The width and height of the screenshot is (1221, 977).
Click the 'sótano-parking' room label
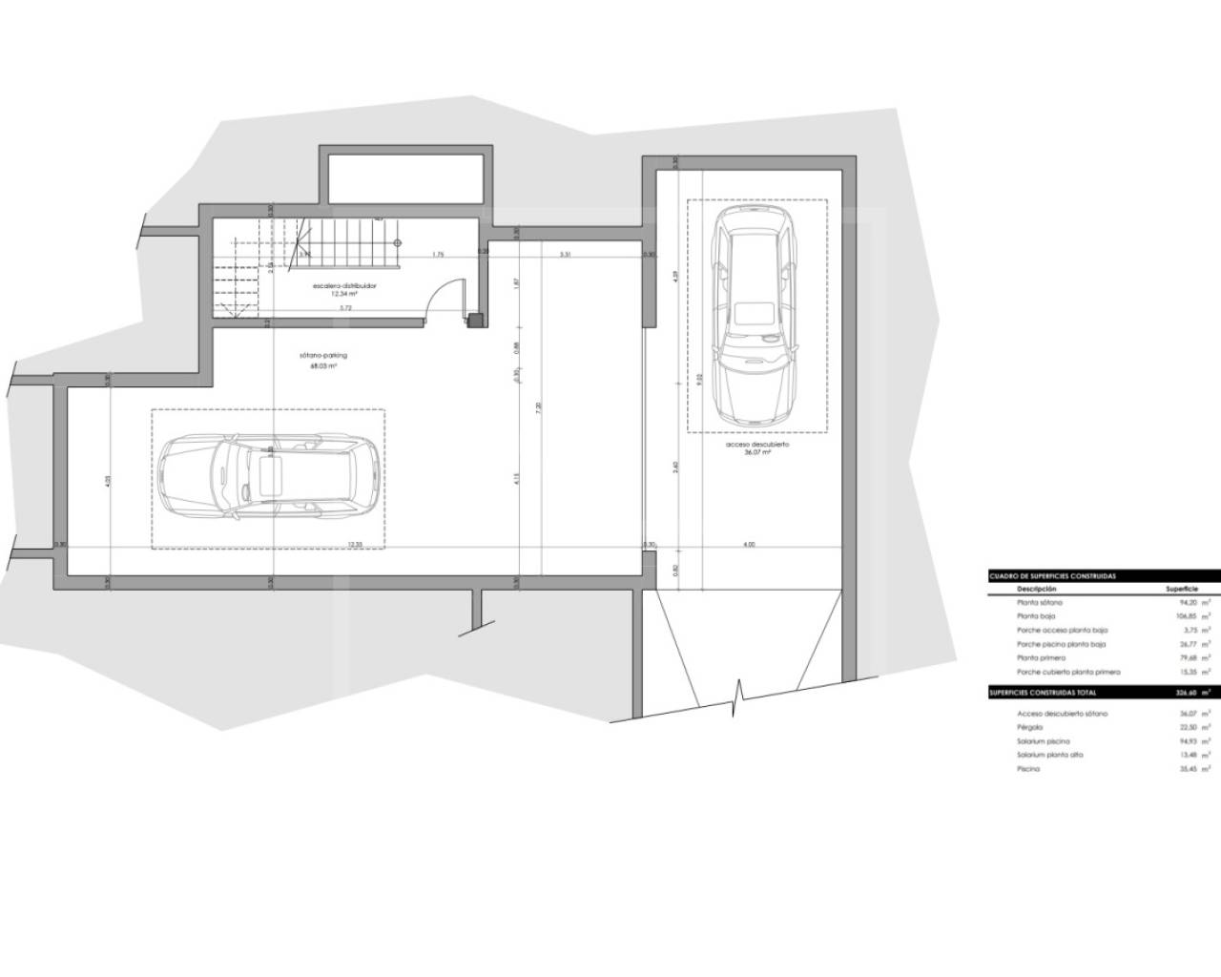point(323,355)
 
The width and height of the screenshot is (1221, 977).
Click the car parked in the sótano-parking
point(268,477)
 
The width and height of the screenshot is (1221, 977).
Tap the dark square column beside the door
point(475,321)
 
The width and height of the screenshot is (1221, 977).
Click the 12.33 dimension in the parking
point(355,544)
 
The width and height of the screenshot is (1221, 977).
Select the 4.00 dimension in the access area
point(749,544)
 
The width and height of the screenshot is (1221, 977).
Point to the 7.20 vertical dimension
point(538,406)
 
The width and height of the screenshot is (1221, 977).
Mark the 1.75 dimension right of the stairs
point(438,254)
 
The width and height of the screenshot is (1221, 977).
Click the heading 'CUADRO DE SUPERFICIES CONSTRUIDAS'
point(1052,576)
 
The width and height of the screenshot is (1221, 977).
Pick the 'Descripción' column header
point(1037,590)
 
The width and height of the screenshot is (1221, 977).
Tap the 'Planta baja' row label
point(1037,616)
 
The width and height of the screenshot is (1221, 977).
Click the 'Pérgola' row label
point(1029,727)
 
